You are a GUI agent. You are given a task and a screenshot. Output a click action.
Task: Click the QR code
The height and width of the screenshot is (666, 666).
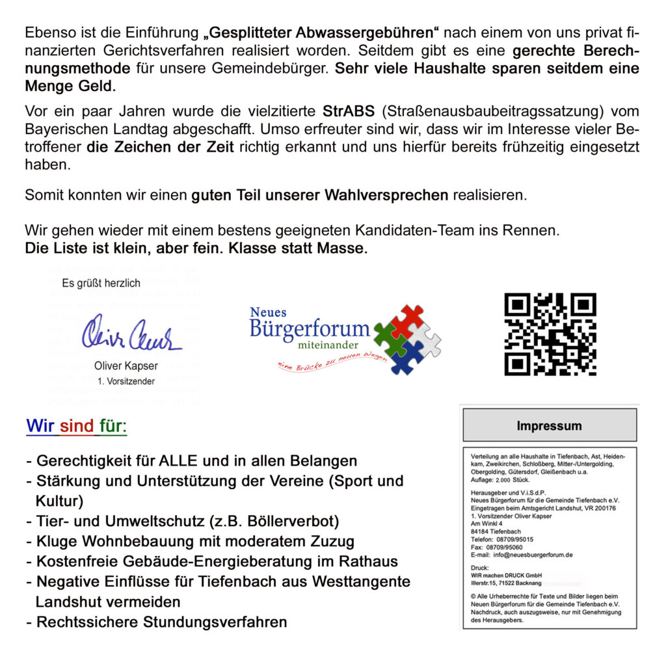(550, 334)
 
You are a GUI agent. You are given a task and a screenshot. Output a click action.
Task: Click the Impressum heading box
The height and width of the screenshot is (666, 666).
(549, 426)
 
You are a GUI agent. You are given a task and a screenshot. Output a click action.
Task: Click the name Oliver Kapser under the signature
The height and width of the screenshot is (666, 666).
(126, 366)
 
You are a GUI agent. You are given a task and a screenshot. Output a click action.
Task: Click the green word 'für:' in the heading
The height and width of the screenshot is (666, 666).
(113, 427)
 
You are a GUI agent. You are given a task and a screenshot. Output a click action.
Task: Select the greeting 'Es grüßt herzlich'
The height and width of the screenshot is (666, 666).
(101, 284)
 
